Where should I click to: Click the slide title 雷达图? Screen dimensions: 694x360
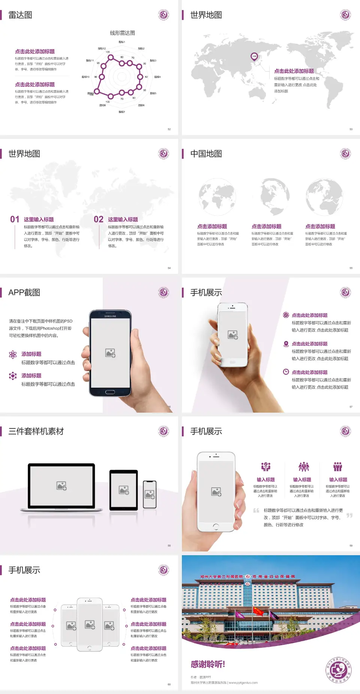(20, 15)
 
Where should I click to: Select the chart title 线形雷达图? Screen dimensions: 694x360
(122, 33)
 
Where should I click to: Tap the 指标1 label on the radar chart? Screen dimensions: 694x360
(122, 42)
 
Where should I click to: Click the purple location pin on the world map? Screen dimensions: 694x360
(254, 57)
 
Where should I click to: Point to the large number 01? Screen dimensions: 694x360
(15, 219)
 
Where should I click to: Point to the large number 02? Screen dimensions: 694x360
(99, 219)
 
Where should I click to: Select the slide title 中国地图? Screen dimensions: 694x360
(206, 154)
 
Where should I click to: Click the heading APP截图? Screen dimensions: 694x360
(24, 293)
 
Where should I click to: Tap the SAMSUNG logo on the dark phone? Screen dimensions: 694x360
(110, 316)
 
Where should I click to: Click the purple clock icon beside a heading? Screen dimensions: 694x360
(286, 372)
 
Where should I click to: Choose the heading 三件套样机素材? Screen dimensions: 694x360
(36, 431)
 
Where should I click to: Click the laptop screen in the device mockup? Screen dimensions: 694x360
(61, 485)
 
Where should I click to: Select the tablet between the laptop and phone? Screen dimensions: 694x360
(124, 490)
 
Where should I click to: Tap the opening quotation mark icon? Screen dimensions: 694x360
(256, 511)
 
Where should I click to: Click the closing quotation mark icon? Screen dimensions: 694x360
(349, 515)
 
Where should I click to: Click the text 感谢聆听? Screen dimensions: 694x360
(208, 664)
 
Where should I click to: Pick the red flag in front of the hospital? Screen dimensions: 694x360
(258, 611)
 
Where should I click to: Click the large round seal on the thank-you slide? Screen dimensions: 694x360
(339, 670)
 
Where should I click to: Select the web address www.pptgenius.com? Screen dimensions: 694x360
(243, 683)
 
